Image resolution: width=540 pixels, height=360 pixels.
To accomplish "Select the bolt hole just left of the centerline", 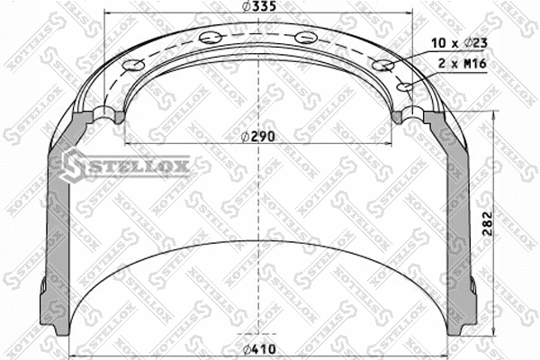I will point(212,37).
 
